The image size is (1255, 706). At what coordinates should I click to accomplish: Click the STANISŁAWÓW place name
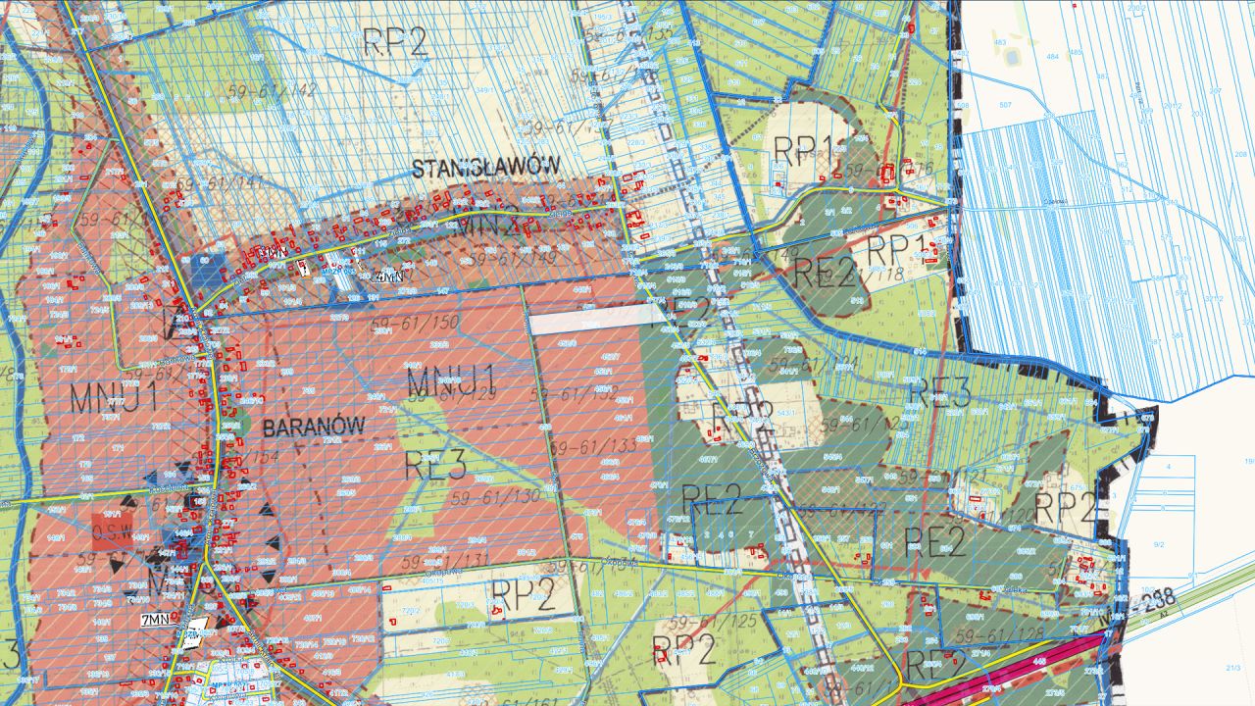(x=484, y=167)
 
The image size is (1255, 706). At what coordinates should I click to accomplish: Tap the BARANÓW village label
(x=313, y=427)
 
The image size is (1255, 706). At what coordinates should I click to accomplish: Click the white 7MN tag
(x=157, y=619)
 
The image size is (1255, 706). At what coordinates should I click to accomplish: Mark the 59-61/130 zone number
(x=496, y=497)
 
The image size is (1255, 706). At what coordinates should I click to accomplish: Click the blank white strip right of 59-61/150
(x=596, y=316)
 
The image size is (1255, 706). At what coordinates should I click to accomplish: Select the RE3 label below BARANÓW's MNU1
(x=435, y=466)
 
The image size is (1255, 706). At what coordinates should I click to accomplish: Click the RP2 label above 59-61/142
(x=395, y=41)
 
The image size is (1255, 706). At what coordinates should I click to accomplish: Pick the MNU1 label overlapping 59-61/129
(x=452, y=378)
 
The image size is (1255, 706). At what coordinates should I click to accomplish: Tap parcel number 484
(x=1052, y=57)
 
